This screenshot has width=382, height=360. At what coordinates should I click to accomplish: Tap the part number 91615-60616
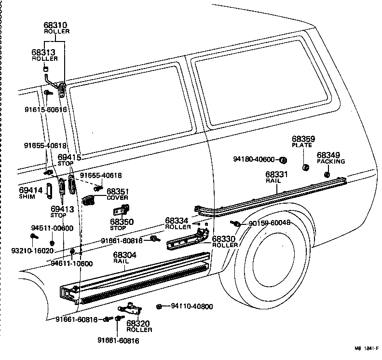pyautogui.click(x=45, y=110)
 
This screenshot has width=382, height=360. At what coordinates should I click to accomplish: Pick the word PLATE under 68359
pyautogui.click(x=302, y=145)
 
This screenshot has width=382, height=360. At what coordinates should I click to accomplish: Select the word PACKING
pyautogui.click(x=331, y=162)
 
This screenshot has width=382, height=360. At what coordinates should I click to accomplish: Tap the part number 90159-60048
pyautogui.click(x=270, y=223)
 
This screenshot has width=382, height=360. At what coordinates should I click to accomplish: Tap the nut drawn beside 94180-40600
pyautogui.click(x=284, y=160)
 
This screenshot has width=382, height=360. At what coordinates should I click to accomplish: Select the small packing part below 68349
pyautogui.click(x=327, y=174)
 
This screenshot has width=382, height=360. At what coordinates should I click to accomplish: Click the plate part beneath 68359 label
pyautogui.click(x=305, y=167)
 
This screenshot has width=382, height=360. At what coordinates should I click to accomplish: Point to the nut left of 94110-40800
pyautogui.click(x=159, y=306)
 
